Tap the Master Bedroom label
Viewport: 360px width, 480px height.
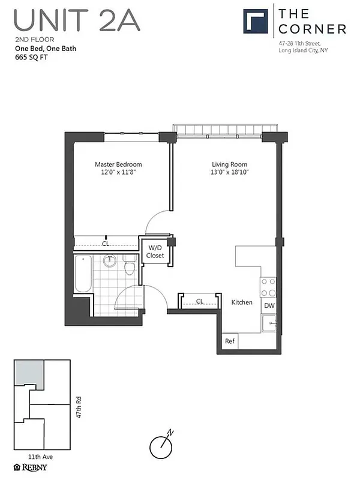click(x=118, y=164)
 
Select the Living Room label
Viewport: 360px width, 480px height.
click(x=229, y=164)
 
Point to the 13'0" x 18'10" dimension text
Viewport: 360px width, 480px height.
click(x=229, y=173)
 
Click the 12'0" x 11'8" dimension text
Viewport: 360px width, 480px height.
click(x=118, y=173)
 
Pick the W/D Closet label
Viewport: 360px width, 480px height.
click(x=155, y=251)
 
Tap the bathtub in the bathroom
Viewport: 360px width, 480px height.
click(x=83, y=274)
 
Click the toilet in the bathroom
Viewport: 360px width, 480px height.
click(x=129, y=265)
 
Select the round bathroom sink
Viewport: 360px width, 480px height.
click(x=110, y=262)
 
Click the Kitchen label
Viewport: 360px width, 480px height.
click(x=242, y=302)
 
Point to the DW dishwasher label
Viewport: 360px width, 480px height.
click(x=269, y=306)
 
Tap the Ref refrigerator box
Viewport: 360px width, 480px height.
click(x=229, y=341)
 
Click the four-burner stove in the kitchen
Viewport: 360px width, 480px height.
click(x=268, y=287)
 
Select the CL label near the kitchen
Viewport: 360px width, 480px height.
click(x=200, y=301)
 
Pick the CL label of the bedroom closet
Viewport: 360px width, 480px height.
click(x=105, y=244)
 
